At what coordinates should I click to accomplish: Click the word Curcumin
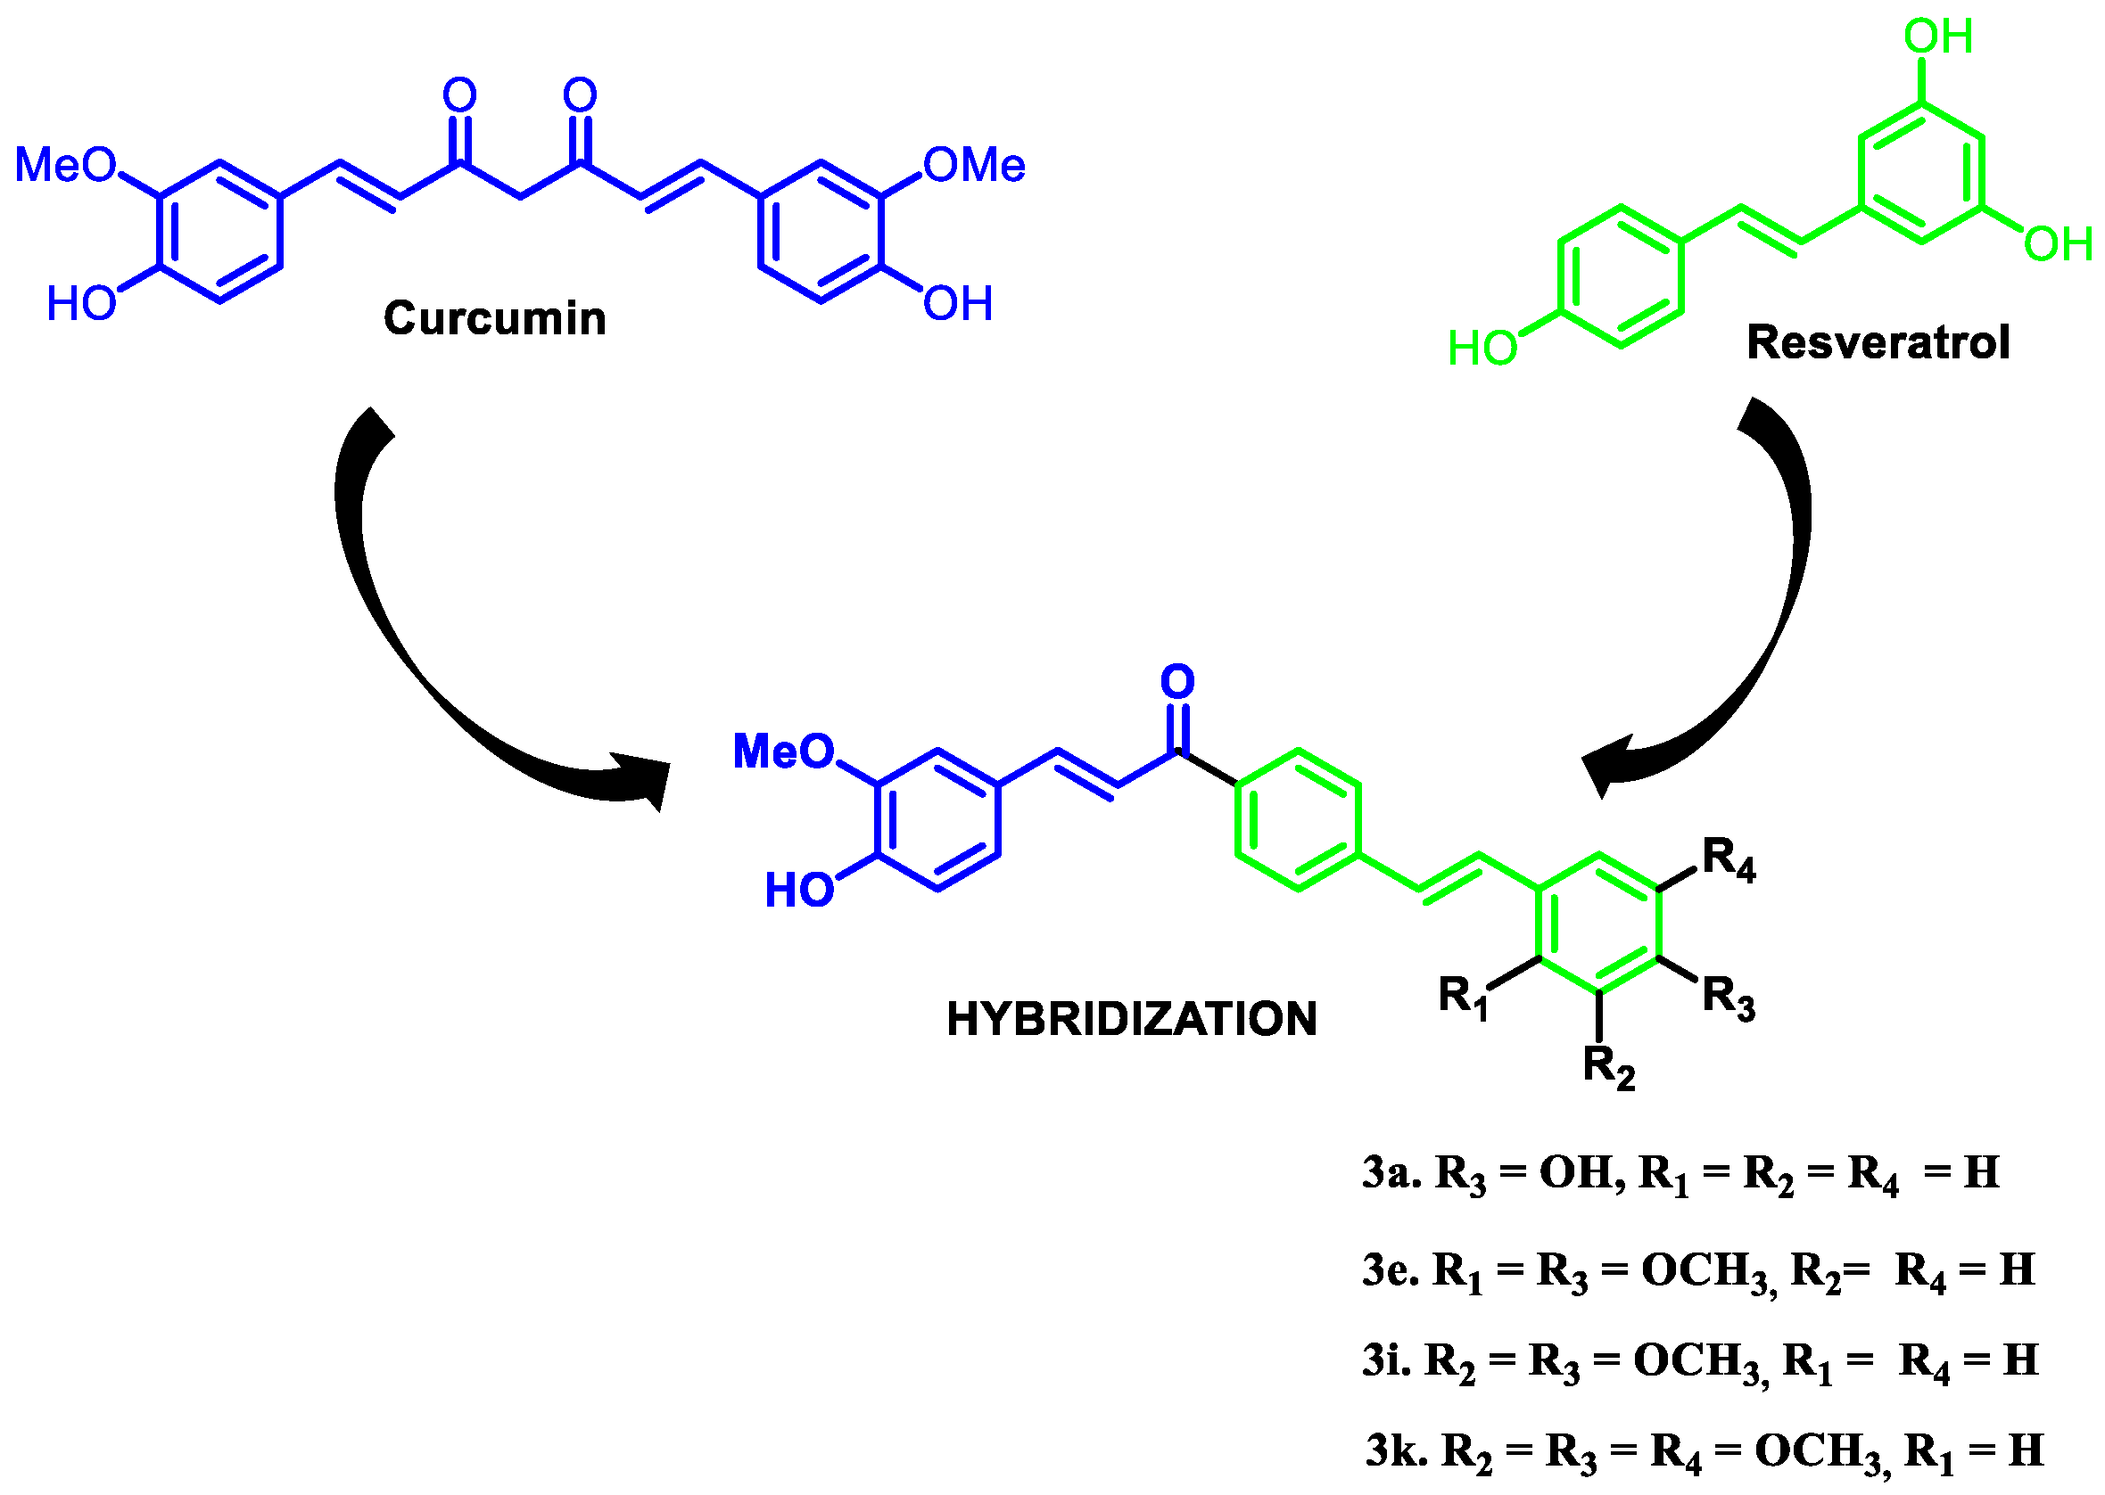pyautogui.click(x=494, y=318)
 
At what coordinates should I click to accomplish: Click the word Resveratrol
pyautogui.click(x=1878, y=342)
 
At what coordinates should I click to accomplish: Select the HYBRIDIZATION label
pyautogui.click(x=1132, y=1019)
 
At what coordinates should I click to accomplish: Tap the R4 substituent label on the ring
pyautogui.click(x=1729, y=859)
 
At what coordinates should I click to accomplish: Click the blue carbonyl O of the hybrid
pyautogui.click(x=1176, y=681)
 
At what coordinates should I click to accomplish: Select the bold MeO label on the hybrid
pyautogui.click(x=784, y=752)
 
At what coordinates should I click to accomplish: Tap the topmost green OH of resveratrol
pyautogui.click(x=1938, y=37)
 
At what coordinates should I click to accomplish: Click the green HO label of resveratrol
pyautogui.click(x=1482, y=349)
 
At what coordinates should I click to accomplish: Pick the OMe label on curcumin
pyautogui.click(x=974, y=166)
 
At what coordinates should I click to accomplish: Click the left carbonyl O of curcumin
pyautogui.click(x=459, y=94)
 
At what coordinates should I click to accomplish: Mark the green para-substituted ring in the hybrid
pyautogui.click(x=1299, y=820)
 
